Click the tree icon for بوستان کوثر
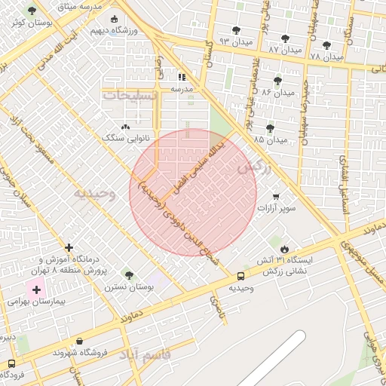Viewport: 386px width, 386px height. [x=31, y=11]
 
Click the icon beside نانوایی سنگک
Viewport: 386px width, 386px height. [x=125, y=127]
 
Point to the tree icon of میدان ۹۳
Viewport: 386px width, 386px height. [x=236, y=30]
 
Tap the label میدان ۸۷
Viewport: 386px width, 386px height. [x=285, y=50]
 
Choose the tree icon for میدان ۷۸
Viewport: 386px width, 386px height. [x=326, y=45]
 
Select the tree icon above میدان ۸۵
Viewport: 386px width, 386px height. [x=270, y=128]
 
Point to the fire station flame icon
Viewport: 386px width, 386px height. [x=283, y=248]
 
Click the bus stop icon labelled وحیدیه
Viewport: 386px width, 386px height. [x=240, y=277]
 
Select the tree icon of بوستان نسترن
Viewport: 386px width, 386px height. [x=128, y=275]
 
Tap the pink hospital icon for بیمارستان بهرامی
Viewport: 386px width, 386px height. [x=36, y=289]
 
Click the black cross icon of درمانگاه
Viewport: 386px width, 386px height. [x=69, y=247]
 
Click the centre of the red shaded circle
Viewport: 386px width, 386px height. [x=193, y=192]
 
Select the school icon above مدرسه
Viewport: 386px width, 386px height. [x=182, y=77]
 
